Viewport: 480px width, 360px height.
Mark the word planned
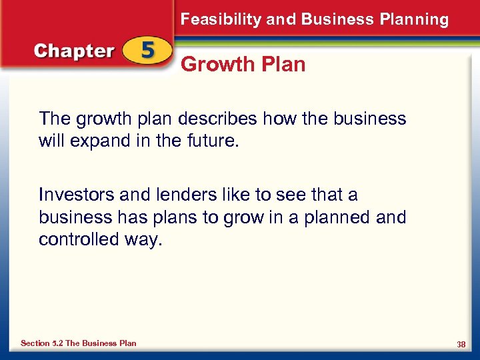click(x=332, y=217)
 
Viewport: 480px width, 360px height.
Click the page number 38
click(x=461, y=344)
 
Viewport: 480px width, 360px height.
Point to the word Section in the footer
click(x=35, y=343)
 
